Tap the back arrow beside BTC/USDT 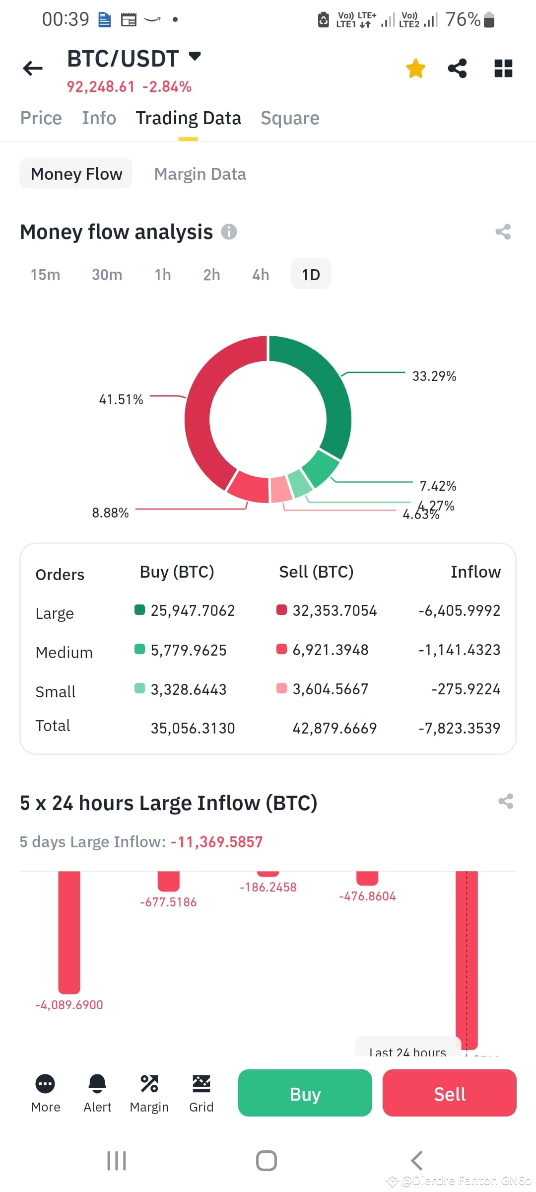point(33,68)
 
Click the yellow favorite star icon point(415,69)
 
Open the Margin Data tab point(200,174)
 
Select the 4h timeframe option point(261,275)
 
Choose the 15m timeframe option point(45,275)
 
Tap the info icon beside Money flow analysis point(229,231)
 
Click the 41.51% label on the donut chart point(121,399)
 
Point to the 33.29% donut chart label point(434,376)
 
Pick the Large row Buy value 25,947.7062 point(193,610)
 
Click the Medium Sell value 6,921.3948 point(331,650)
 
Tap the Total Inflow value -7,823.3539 point(459,728)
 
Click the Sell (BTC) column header point(316,572)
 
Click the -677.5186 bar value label point(168,902)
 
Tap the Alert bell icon point(97,1084)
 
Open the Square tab point(290,118)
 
